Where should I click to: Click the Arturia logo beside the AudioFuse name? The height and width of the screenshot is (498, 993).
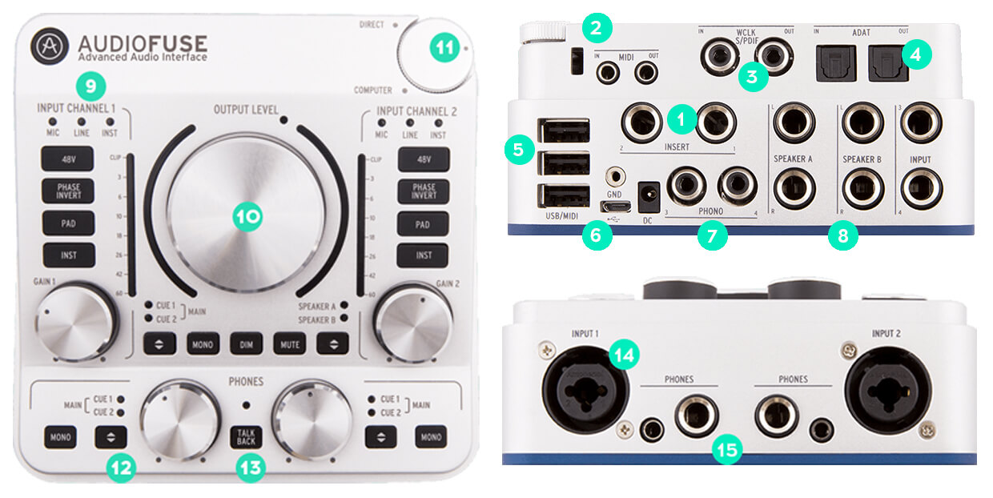[50, 46]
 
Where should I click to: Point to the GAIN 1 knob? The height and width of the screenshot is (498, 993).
[76, 322]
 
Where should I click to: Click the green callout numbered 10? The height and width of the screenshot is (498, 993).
[248, 215]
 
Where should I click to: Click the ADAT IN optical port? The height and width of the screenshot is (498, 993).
[833, 62]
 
